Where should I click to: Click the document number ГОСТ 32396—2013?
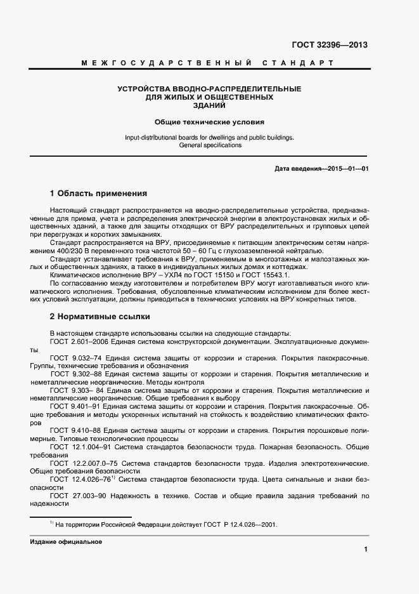(329, 45)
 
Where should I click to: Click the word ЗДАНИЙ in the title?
(209, 105)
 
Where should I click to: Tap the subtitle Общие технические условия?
(209, 121)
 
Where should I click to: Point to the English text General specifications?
(210, 145)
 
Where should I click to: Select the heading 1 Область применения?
(98, 194)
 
